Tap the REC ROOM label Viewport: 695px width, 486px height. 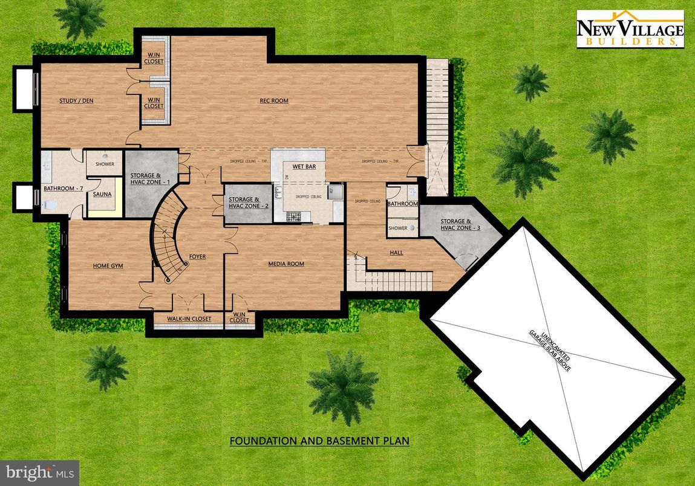[275, 101]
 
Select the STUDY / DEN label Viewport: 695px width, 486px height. [76, 101]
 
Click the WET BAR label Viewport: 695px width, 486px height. [304, 166]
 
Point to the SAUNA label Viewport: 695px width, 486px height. [101, 195]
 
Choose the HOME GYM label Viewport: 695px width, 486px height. [109, 265]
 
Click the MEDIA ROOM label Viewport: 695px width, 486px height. [286, 264]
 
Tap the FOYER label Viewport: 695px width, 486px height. [197, 257]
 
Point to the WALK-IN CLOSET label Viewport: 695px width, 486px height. [189, 319]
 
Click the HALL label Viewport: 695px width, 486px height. [396, 253]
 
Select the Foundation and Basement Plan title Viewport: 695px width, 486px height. [319, 441]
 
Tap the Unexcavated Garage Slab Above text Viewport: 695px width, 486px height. [550, 351]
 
